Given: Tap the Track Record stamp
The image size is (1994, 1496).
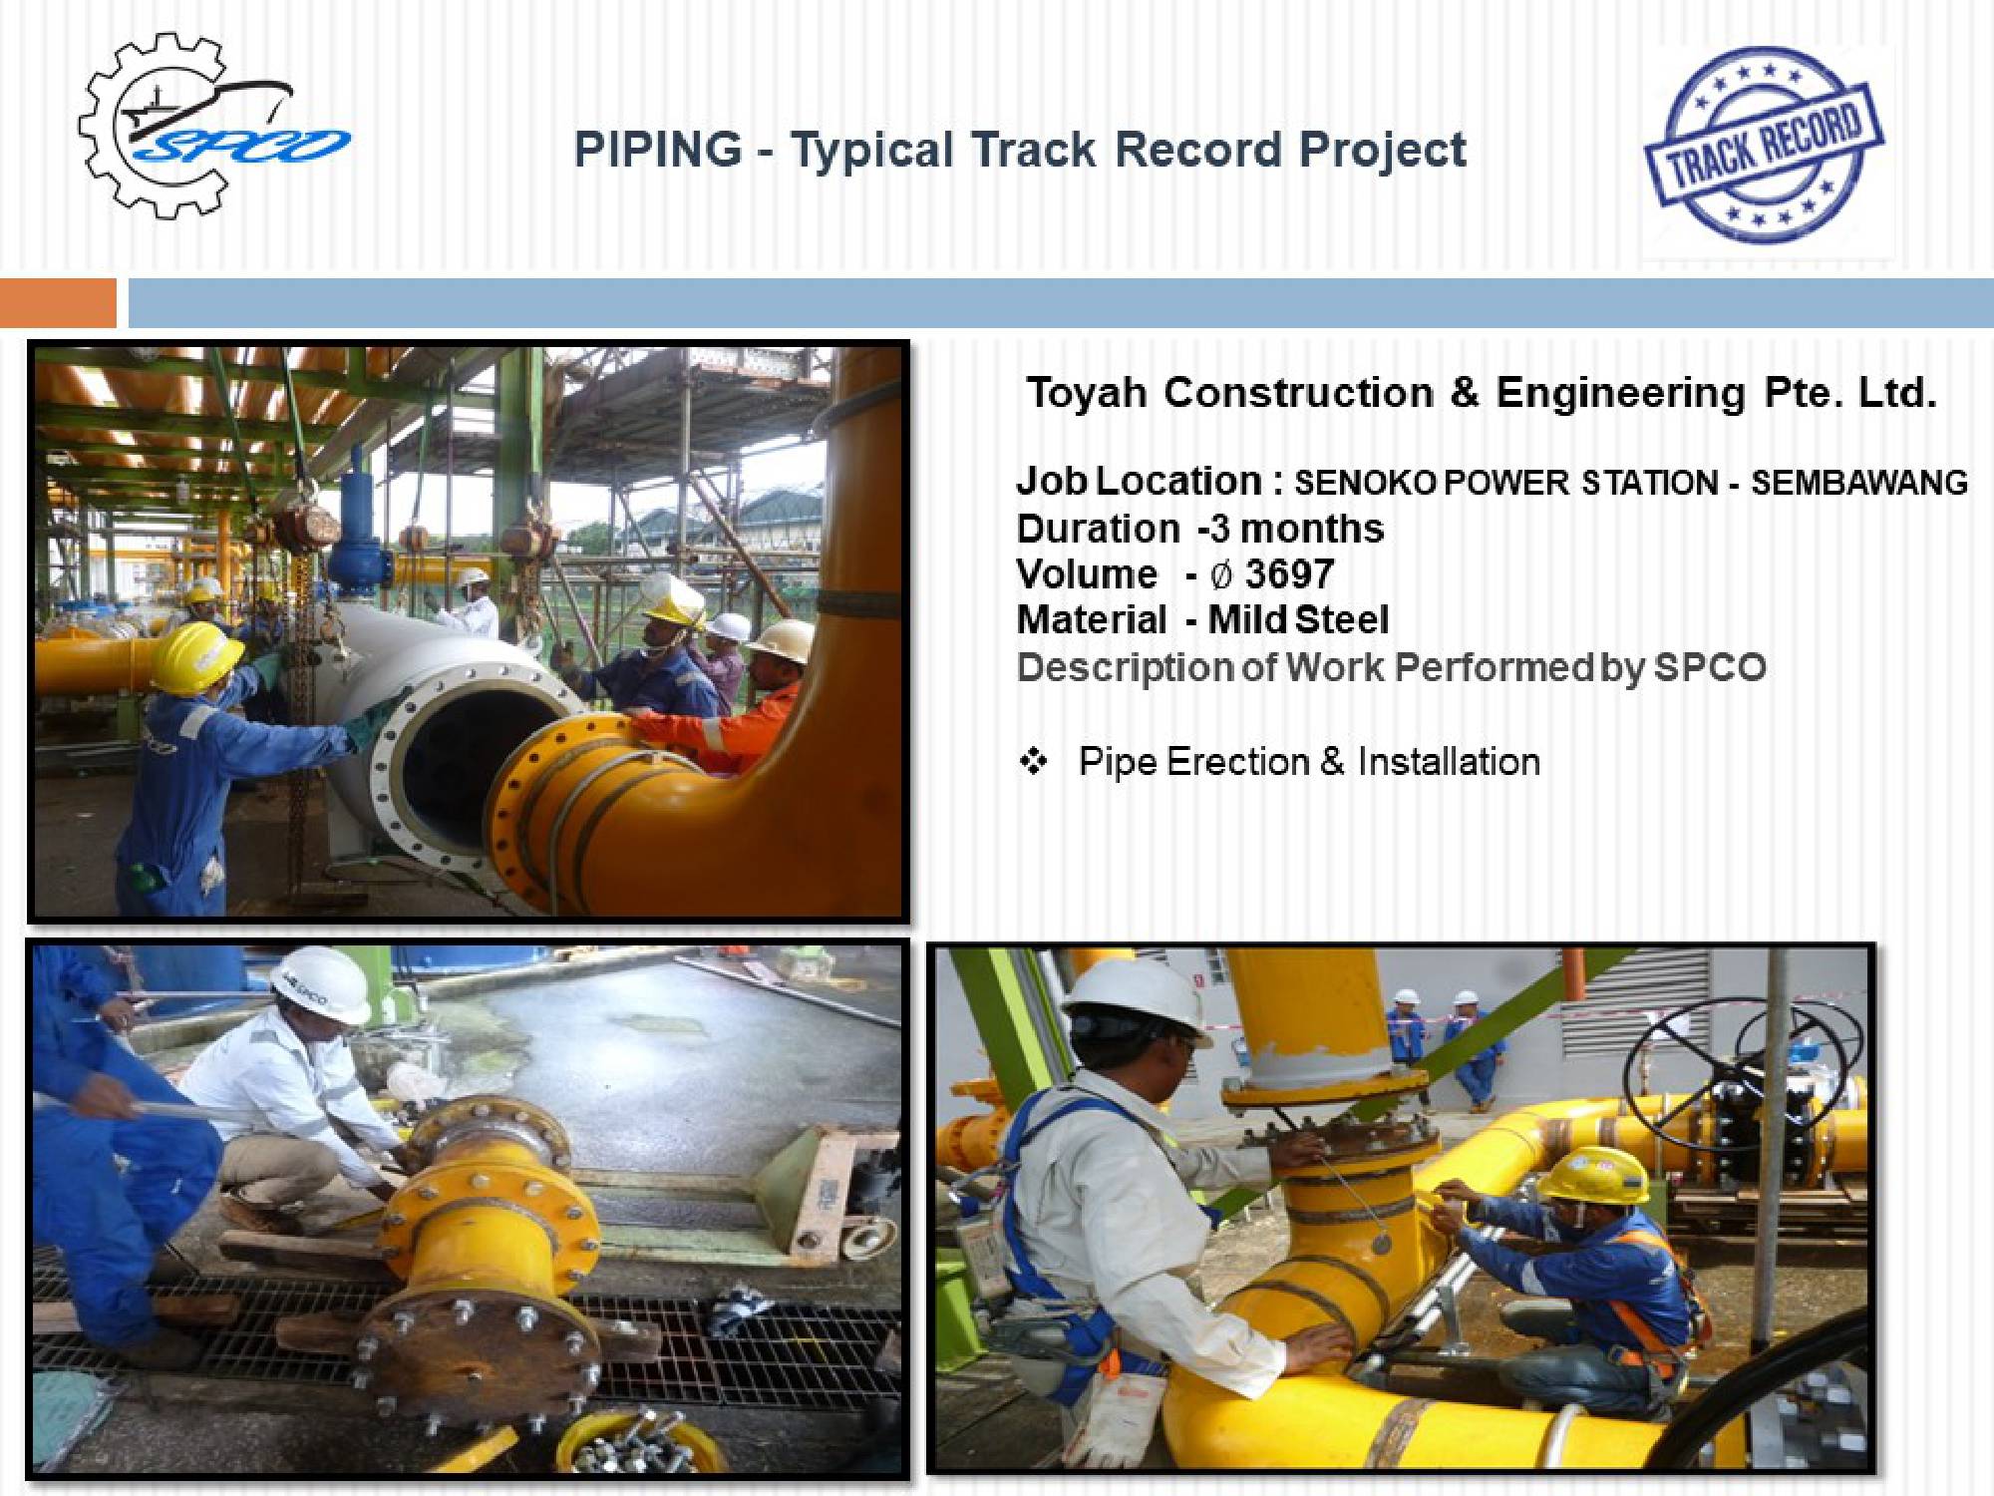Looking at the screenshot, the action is pos(1764,145).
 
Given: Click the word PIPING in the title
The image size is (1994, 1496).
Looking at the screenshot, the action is pos(658,150).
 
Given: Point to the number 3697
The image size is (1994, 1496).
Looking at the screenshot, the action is pos(1289,573).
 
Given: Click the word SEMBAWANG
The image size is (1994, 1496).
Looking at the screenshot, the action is pos(1859,483).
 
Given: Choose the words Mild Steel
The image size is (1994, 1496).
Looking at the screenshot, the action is pos(1298,619).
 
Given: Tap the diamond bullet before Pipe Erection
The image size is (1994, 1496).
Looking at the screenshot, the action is pos(1034,762).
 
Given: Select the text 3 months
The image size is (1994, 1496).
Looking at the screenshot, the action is pos(1297,529).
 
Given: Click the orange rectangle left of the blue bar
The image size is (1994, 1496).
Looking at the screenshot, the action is pos(58,302).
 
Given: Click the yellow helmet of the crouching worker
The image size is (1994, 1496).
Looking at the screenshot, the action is pos(1593,1176).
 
